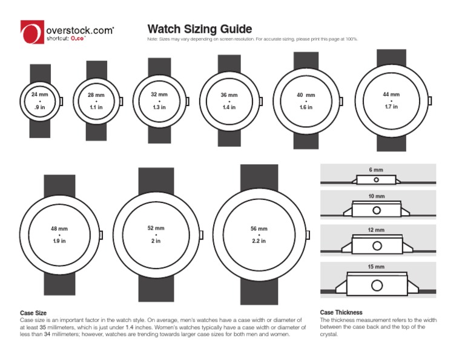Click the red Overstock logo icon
(x=31, y=32)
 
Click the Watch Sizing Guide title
(x=200, y=29)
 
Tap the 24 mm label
(x=39, y=95)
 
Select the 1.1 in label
(x=96, y=107)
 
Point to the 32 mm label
(x=159, y=95)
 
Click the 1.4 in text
(x=229, y=107)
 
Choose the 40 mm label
(x=306, y=95)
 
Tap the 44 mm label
(x=391, y=95)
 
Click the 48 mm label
(x=59, y=229)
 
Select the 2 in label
(x=156, y=241)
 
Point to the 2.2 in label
(x=259, y=241)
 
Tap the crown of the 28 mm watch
(x=121, y=101)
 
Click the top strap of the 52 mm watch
(x=156, y=179)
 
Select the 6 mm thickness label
(x=377, y=170)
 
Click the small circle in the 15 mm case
(x=377, y=285)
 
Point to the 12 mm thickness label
(x=377, y=230)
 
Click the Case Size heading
(x=34, y=313)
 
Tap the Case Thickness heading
(x=341, y=313)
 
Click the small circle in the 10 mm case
(x=377, y=210)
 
